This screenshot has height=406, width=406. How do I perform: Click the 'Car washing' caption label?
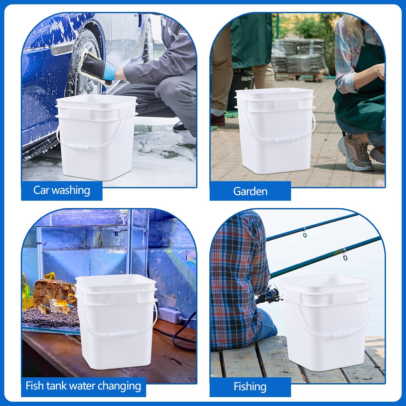click(62, 190)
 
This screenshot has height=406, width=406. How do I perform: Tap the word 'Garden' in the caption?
click(250, 192)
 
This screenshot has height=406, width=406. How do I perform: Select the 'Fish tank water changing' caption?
click(83, 386)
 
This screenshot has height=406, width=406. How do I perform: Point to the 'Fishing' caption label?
click(250, 387)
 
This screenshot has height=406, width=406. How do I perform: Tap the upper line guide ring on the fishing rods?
click(305, 234)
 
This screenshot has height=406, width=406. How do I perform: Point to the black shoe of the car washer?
click(181, 126)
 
